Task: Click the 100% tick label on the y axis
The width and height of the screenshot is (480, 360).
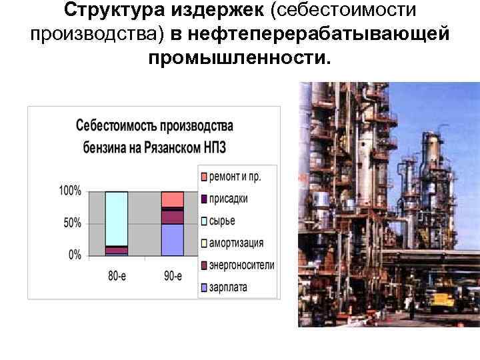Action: (70, 191)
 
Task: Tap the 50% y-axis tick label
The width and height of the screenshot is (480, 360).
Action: (73, 223)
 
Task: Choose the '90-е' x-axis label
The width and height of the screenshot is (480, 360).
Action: (172, 275)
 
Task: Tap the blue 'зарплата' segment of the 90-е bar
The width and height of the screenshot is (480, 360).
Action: (172, 240)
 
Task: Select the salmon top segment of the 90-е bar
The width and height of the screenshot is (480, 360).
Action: (172, 199)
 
